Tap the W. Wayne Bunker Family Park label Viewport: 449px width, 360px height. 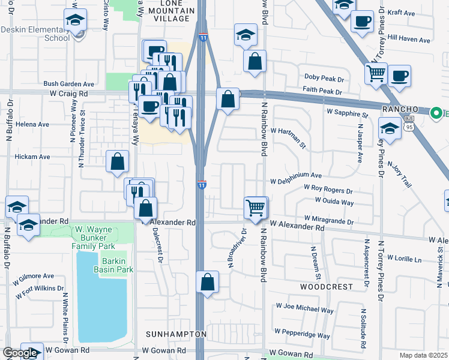(x=94, y=237)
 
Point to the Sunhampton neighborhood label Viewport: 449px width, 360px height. (x=176, y=334)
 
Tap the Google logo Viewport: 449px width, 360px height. (x=20, y=353)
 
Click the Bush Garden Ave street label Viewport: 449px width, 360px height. (x=68, y=84)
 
